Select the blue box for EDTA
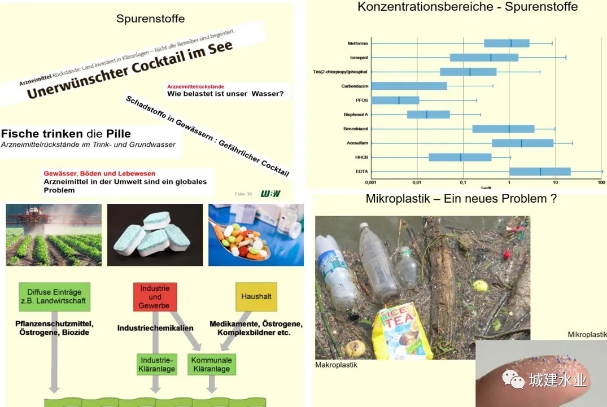tap(539, 172)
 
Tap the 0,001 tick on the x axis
tap(371, 183)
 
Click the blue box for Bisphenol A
tap(429, 115)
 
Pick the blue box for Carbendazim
tap(409, 86)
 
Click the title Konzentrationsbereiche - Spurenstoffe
tap(468, 7)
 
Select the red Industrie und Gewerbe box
tap(155, 297)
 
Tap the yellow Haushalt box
tap(256, 296)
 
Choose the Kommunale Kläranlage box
tap(211, 365)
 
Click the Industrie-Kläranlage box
tap(157, 365)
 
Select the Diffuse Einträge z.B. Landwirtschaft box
tap(54, 297)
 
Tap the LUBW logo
tap(270, 194)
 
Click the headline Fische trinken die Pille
tap(66, 134)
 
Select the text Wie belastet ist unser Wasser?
tap(225, 94)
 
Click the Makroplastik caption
tap(336, 365)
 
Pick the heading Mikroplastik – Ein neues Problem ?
tap(461, 199)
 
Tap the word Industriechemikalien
tap(155, 328)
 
